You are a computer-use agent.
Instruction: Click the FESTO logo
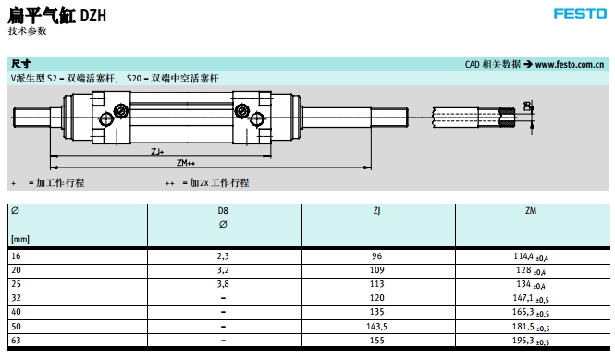[580, 14]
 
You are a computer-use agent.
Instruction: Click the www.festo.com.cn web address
[570, 65]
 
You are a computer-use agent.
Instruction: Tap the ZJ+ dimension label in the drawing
[157, 151]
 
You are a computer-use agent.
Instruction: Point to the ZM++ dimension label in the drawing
[186, 163]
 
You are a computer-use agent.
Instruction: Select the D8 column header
[223, 211]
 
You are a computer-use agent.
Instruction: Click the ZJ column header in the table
[376, 211]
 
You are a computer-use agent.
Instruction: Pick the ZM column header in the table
[531, 211]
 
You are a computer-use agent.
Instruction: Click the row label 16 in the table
[16, 256]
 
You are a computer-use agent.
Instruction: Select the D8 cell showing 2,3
[223, 256]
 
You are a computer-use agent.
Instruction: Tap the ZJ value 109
[376, 270]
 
